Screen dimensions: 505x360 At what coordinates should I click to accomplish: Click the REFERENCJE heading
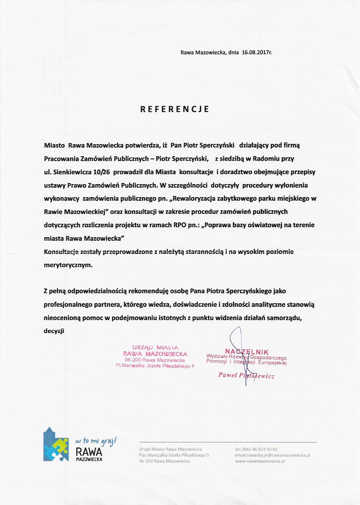175,109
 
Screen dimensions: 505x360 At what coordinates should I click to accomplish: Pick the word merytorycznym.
68,265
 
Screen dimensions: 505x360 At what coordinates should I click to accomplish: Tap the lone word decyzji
54,331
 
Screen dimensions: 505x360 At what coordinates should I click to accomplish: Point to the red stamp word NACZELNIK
247,351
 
